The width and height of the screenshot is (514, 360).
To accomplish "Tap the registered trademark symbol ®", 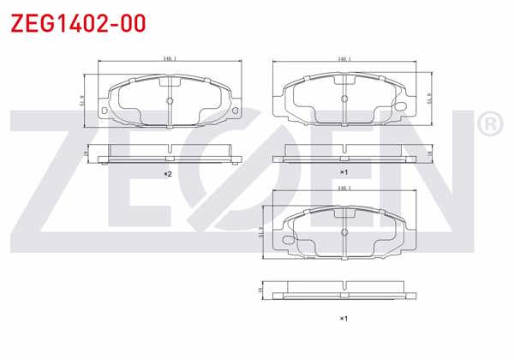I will pos(489,126).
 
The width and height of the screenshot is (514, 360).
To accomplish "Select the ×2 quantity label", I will pos(169,174).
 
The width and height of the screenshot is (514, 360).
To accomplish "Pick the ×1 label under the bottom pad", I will pos(343,319).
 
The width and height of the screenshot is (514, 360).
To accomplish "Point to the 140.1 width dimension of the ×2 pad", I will pos(169,58).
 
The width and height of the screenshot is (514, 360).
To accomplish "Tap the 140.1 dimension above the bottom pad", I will pos(345,187).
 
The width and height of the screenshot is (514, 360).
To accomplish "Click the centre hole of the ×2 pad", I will pos(170,99).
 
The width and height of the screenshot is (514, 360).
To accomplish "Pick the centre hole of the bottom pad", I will pos(344,230).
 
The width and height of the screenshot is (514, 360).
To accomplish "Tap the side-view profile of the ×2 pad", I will pos(170,155).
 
